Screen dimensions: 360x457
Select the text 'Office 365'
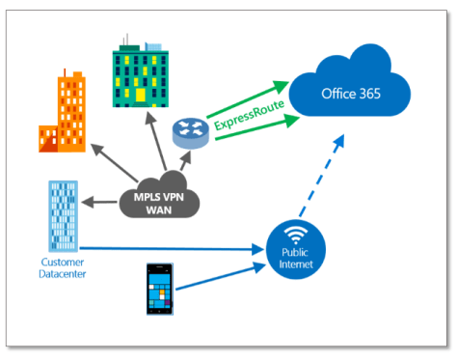pos(355,95)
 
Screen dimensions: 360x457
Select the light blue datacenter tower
pos(62,213)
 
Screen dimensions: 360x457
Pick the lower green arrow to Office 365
pos(256,132)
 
